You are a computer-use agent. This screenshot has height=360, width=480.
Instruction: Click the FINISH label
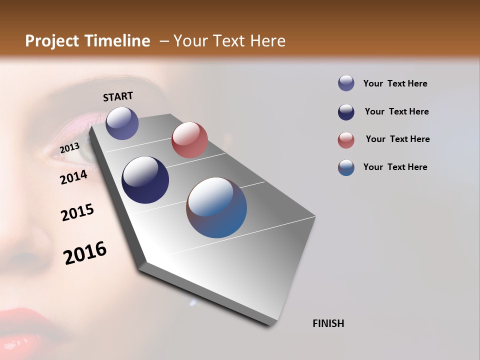pos(328,323)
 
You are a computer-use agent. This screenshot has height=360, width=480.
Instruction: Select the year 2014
pos(73,177)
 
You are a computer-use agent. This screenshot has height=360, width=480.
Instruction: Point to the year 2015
pos(77,212)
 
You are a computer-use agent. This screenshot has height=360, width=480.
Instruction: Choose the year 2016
pos(85,252)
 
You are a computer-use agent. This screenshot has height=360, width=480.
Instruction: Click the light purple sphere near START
pos(122,123)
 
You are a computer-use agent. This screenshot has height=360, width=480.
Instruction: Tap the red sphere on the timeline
pos(189,140)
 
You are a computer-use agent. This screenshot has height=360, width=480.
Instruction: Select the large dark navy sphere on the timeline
pos(145,180)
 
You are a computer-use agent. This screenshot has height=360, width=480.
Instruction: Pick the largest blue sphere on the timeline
pos(216,207)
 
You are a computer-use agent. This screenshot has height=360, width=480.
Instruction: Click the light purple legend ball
pos(346,83)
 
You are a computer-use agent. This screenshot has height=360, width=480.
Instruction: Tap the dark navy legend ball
pos(346,112)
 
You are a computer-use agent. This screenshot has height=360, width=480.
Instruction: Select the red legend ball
pos(346,140)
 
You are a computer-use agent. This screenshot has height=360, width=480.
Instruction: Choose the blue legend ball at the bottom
pos(346,167)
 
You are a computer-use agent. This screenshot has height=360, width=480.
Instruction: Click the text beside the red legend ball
pos(397,139)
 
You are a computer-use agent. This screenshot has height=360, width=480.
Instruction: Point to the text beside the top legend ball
pos(395,83)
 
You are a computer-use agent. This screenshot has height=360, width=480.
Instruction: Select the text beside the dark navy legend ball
pos(396,111)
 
